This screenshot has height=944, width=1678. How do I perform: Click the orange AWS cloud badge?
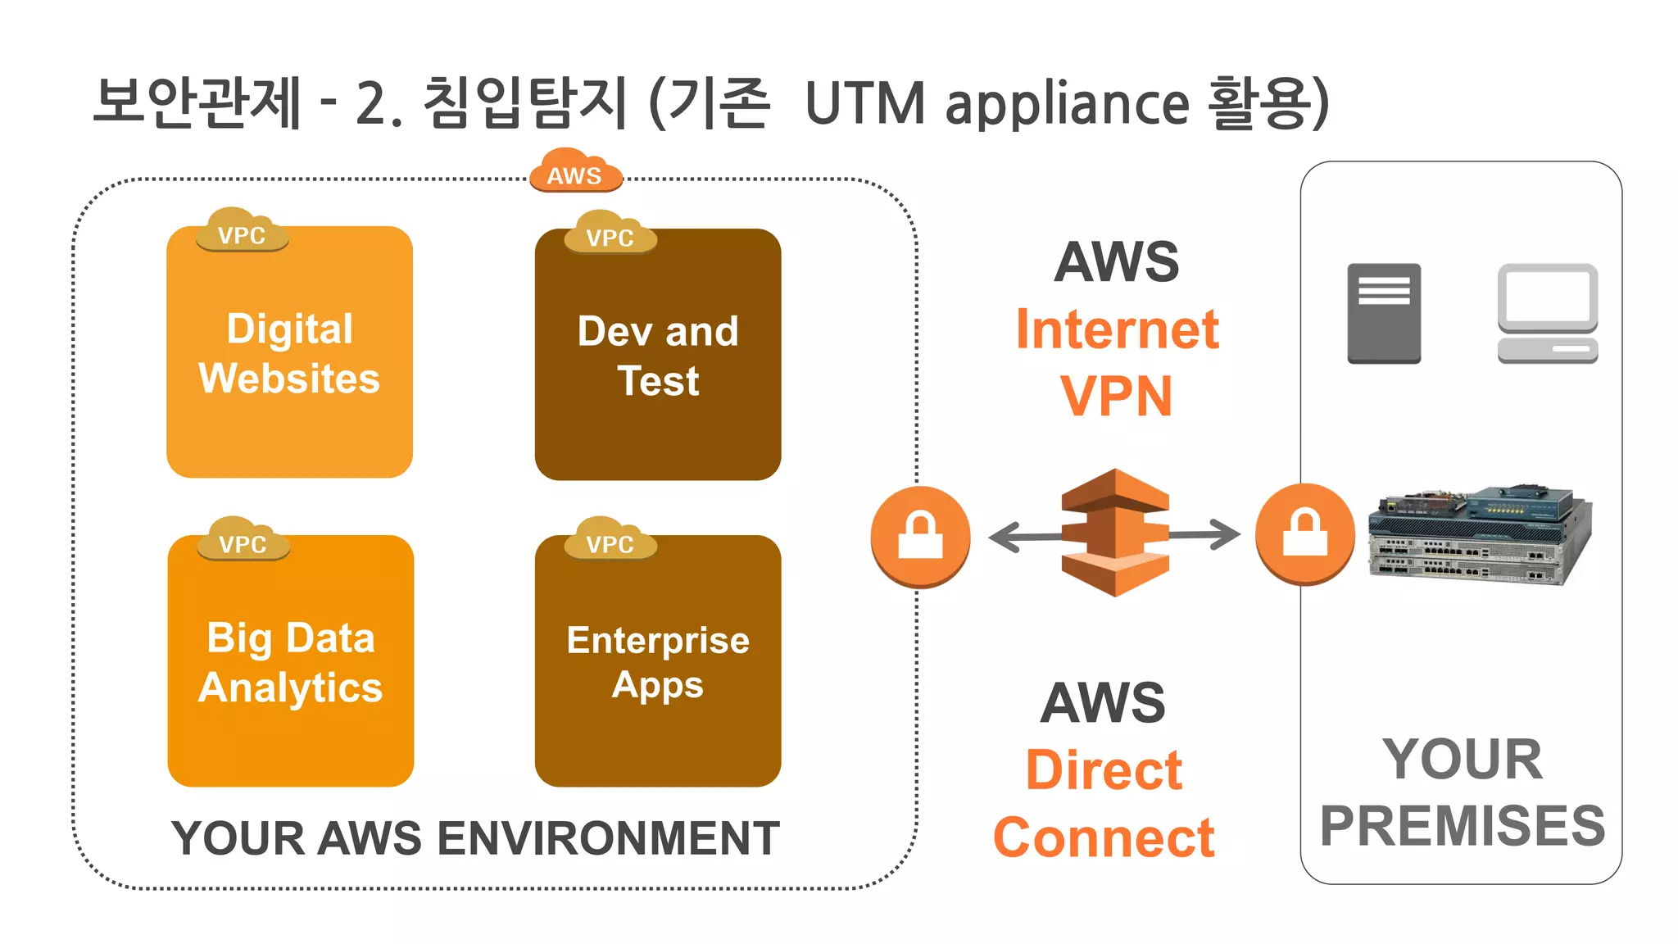tap(575, 171)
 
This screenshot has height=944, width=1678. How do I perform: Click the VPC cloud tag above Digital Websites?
tap(242, 232)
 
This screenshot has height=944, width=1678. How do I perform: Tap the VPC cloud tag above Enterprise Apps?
tap(610, 541)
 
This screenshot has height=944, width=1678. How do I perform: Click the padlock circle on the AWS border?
tap(920, 537)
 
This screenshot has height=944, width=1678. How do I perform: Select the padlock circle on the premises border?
tap(1304, 534)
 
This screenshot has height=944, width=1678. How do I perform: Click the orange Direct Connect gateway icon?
tap(1114, 533)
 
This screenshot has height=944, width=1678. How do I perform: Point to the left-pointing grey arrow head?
tap(1005, 538)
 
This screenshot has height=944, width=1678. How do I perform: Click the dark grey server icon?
tap(1384, 313)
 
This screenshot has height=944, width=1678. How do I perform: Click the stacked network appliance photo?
tap(1479, 534)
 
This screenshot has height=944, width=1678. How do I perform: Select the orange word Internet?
tap(1117, 329)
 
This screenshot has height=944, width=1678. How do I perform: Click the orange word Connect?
tap(1103, 837)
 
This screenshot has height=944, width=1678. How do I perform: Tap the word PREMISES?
tap(1462, 825)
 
